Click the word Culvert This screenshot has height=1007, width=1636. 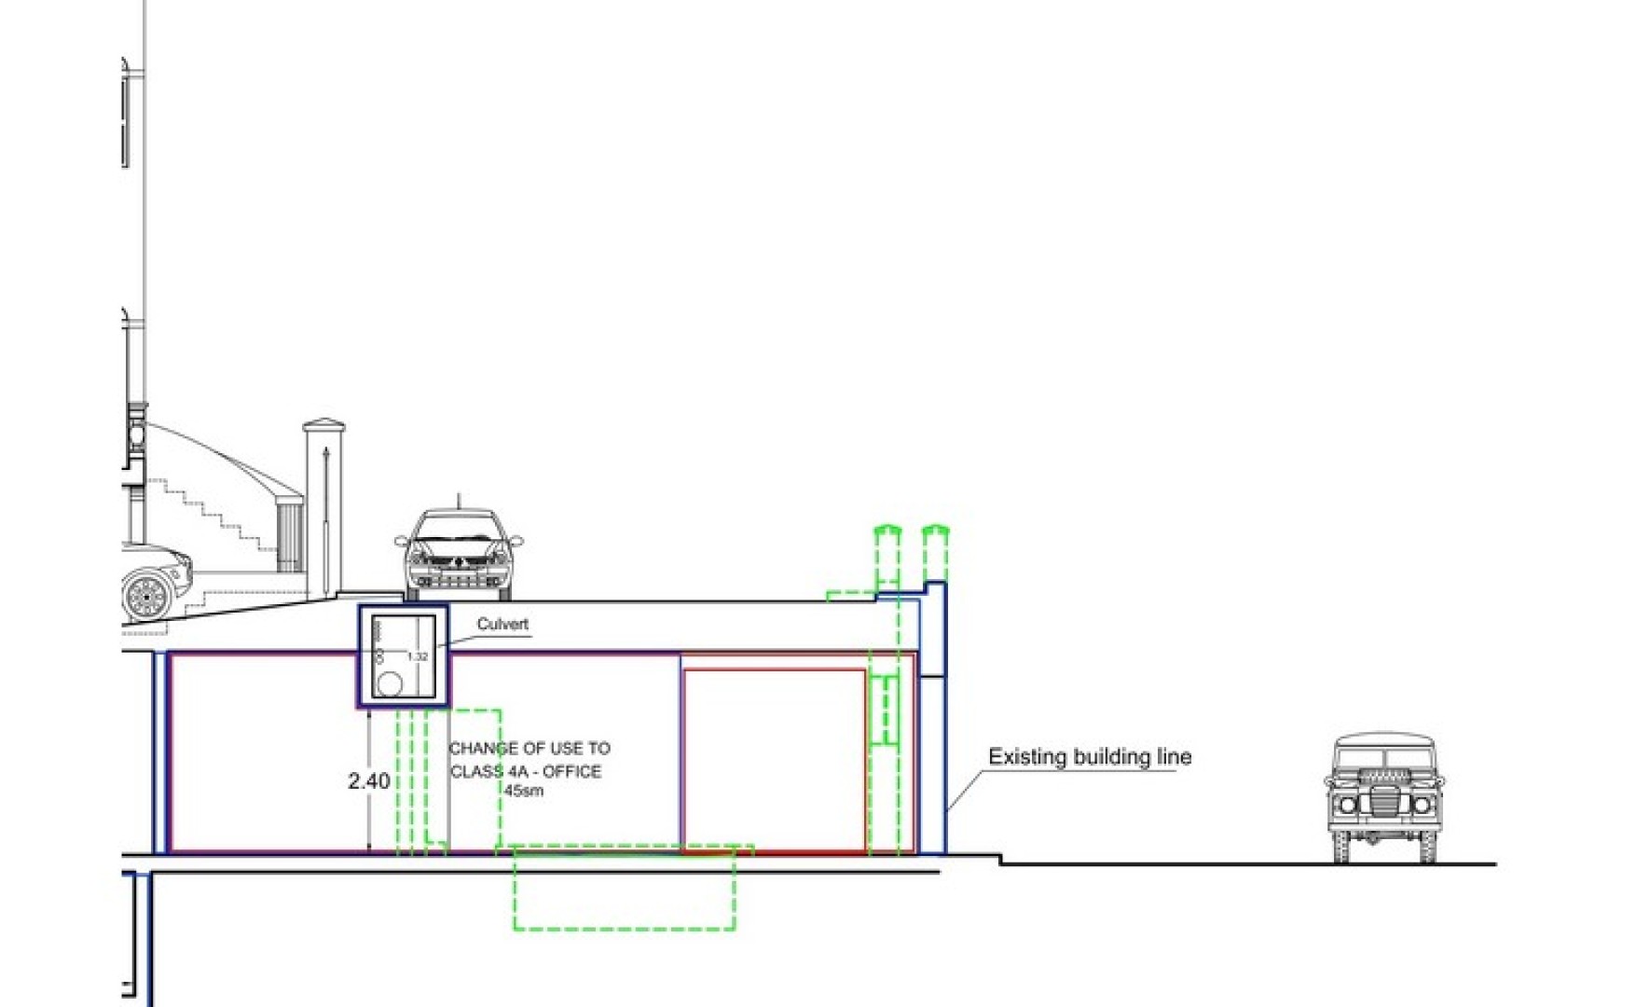click(x=502, y=624)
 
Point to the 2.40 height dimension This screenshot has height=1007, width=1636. click(x=368, y=780)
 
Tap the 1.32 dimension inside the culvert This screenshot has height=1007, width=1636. click(x=417, y=656)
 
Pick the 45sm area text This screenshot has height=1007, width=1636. click(x=524, y=791)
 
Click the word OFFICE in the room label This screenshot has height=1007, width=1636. click(x=571, y=771)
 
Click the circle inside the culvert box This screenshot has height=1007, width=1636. click(x=390, y=684)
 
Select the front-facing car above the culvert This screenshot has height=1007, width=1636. click(x=459, y=555)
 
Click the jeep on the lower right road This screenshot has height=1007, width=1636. click(x=1383, y=796)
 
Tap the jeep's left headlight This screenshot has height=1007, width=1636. click(x=1348, y=805)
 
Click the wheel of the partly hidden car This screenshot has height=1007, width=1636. click(x=145, y=595)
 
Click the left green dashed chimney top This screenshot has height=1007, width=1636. click(x=887, y=534)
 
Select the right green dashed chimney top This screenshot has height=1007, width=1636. click(x=935, y=534)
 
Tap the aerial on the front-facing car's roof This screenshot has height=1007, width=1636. click(x=458, y=501)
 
